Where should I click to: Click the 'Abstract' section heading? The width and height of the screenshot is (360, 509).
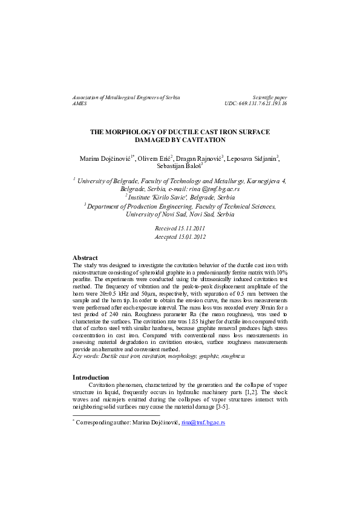(85, 275)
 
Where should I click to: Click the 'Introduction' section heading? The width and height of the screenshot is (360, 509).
(91, 377)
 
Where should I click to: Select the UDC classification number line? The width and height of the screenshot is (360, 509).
(255, 104)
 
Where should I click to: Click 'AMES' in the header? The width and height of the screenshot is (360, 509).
(79, 104)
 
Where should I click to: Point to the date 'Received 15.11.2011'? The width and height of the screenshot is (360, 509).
(180, 229)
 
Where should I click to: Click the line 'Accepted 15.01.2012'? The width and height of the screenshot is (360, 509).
(180, 237)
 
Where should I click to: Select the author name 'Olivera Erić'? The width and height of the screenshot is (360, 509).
(154, 158)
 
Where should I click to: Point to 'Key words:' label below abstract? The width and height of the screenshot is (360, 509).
(86, 357)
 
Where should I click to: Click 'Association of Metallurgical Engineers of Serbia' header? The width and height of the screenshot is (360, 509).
(126, 97)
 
